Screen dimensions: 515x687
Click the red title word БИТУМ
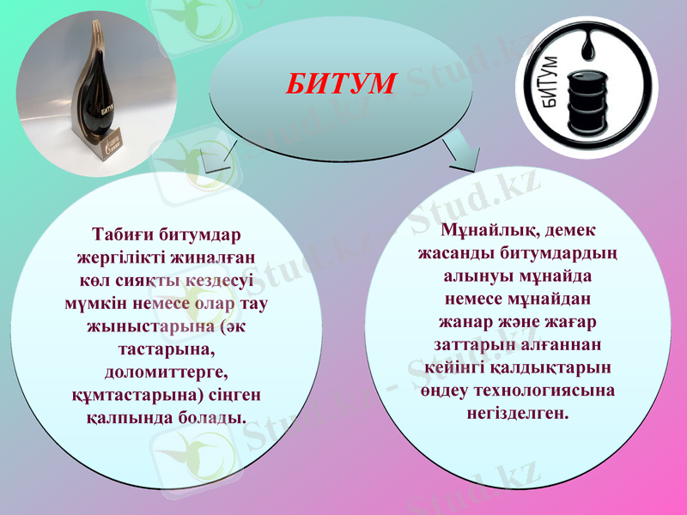pyautogui.click(x=341, y=83)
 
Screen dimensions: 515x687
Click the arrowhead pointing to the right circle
pyautogui.click(x=464, y=156)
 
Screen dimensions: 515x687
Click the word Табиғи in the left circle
pyautogui.click(x=121, y=233)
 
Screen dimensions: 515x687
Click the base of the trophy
pyautogui.click(x=112, y=140)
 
